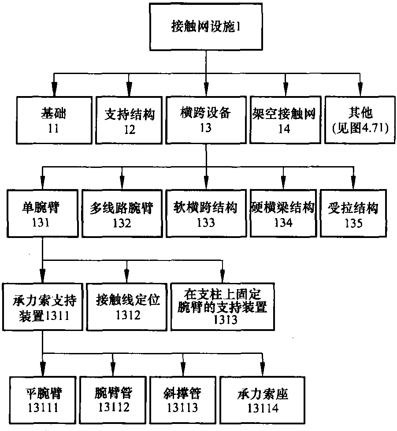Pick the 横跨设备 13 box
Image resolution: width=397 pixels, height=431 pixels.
[x=205, y=119]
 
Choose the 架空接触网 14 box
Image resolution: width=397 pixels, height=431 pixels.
[x=285, y=119]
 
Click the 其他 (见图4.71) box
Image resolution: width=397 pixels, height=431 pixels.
[x=360, y=119]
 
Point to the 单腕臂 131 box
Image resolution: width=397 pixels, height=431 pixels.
[x=42, y=214]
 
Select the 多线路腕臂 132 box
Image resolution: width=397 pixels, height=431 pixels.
[x=122, y=214]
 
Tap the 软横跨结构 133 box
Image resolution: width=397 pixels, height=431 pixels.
[x=205, y=214]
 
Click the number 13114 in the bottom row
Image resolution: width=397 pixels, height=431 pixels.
[x=263, y=408]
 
